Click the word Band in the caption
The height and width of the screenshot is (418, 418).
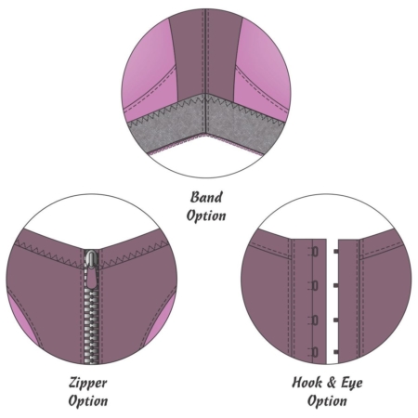coord(206,197)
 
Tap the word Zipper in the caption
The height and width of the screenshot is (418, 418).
coord(88,383)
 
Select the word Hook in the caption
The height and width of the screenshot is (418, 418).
coord(307,383)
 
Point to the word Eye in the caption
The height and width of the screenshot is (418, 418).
coord(352,383)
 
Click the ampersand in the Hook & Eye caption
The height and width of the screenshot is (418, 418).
coord(331,383)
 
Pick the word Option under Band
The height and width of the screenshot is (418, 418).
coord(206,216)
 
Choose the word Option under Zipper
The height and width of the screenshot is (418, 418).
coord(88,400)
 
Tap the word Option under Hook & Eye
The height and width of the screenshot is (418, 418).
coord(327,400)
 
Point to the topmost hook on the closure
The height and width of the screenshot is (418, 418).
coord(314,252)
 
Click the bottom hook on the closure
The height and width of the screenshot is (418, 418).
coord(314,352)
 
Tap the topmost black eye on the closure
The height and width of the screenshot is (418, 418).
coord(336,252)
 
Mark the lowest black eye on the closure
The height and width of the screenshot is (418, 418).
coord(336,352)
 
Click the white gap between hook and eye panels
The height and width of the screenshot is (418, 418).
coord(333,301)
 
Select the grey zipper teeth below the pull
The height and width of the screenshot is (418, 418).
coord(91,325)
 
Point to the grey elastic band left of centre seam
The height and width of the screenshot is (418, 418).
coord(167,124)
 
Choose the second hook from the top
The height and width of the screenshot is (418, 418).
coord(314,285)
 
